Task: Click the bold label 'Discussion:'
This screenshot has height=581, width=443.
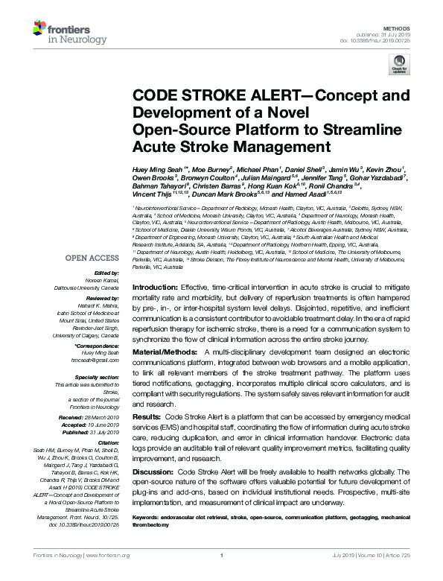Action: [x=151, y=472]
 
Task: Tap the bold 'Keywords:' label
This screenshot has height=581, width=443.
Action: [x=147, y=516]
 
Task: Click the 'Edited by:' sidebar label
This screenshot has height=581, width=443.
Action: [x=106, y=274]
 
